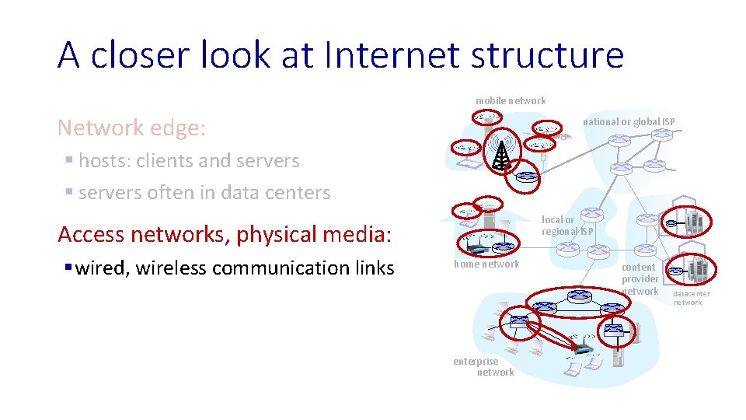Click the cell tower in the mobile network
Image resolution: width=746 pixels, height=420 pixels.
coord(503,155)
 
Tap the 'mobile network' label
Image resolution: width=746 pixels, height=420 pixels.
coord(511,100)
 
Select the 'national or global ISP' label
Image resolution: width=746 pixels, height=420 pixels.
coord(629,121)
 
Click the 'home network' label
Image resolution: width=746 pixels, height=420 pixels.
coord(486,264)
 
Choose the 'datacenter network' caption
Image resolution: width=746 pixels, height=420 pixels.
coord(691,298)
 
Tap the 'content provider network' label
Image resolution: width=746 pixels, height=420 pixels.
coord(640,279)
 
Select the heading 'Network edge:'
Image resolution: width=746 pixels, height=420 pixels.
coord(132,128)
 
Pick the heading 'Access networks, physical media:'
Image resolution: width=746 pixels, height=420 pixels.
coord(225,234)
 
